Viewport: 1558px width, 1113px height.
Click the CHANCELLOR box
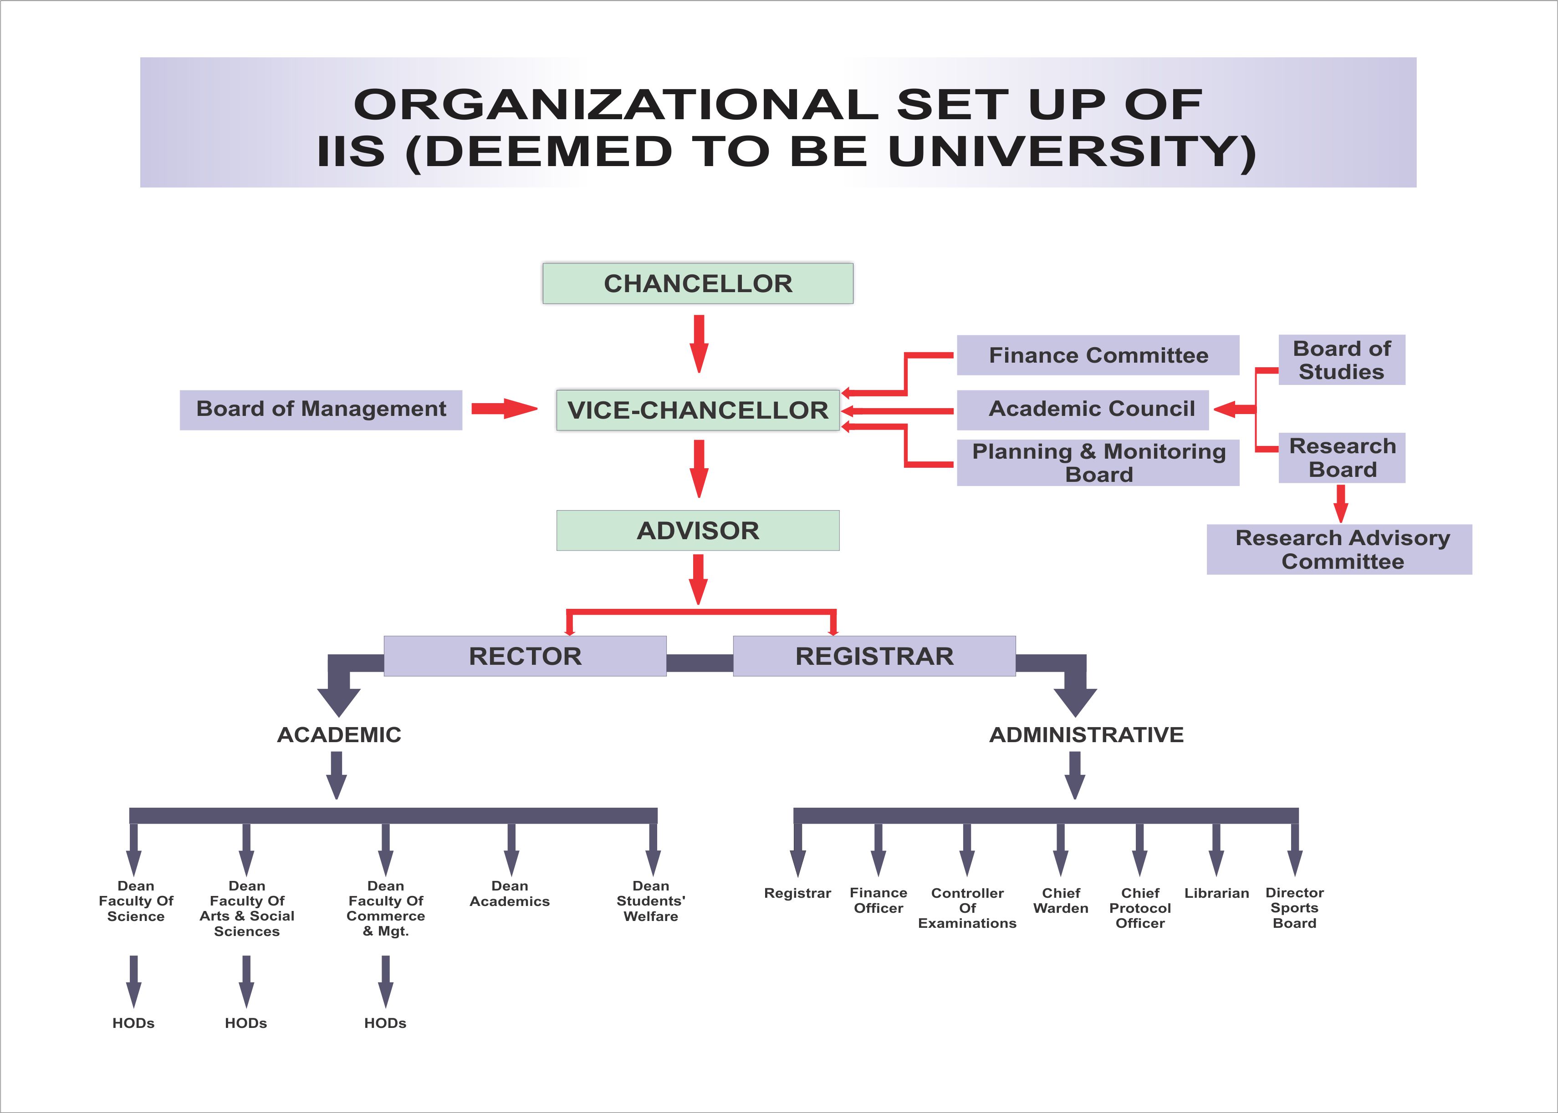click(697, 283)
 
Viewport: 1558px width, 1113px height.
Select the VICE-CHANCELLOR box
click(697, 410)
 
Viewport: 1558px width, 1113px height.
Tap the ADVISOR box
click(697, 531)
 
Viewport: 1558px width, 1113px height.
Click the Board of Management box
click(321, 409)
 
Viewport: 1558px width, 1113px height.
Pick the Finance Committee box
click(1098, 355)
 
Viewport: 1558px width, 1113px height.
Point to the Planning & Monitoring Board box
click(1098, 463)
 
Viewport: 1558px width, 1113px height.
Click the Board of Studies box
click(1341, 360)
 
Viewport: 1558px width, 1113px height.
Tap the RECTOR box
click(525, 656)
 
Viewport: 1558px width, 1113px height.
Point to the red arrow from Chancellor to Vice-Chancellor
click(699, 344)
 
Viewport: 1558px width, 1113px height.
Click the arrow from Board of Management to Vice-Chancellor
click(504, 409)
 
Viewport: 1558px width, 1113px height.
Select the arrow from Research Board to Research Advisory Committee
click(1341, 504)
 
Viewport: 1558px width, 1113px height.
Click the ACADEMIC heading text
click(339, 735)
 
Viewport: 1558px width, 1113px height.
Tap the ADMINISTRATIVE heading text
click(1086, 735)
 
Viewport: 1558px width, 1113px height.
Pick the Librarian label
click(1216, 893)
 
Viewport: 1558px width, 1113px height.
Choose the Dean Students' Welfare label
click(651, 901)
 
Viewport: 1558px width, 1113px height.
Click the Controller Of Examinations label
click(967, 908)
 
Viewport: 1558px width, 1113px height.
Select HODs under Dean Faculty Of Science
click(134, 1023)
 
